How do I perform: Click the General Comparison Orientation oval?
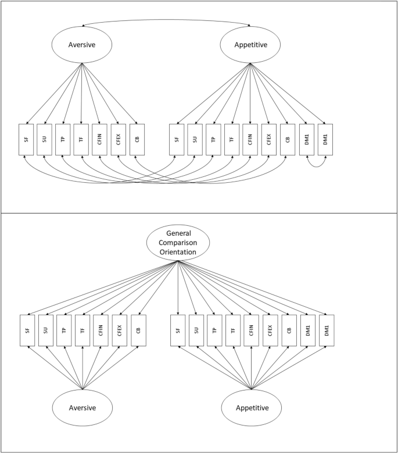(x=178, y=243)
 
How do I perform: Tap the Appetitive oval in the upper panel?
(x=250, y=45)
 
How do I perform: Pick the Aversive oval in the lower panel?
(x=82, y=408)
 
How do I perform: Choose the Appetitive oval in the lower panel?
(x=252, y=408)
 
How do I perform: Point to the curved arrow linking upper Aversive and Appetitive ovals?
(x=166, y=22)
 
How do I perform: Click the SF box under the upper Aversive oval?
(x=26, y=140)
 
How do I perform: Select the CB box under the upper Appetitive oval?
(x=287, y=140)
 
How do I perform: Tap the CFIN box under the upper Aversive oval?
(x=99, y=140)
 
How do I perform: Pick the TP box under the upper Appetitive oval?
(x=213, y=140)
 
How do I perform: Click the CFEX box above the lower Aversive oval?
(x=120, y=331)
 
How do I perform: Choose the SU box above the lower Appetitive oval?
(x=196, y=331)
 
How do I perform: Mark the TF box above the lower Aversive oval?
(x=83, y=331)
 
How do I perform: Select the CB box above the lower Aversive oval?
(x=138, y=331)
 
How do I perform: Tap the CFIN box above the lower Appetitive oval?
(x=252, y=331)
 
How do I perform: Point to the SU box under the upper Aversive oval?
(x=44, y=140)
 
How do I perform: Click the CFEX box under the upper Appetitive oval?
(x=268, y=140)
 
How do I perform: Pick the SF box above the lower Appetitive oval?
(x=178, y=331)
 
